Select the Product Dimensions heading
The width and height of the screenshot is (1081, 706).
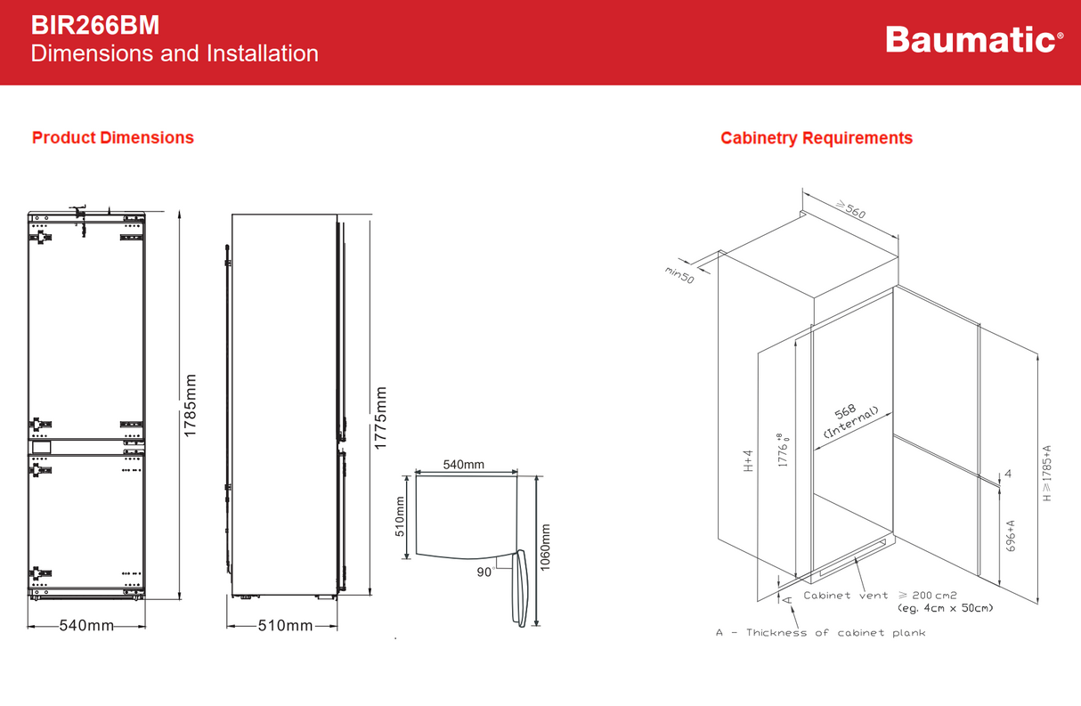click(113, 138)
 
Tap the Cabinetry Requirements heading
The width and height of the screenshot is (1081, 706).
click(817, 138)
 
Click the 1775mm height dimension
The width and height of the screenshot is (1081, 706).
click(381, 418)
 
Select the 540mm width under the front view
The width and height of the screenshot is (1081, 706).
click(86, 626)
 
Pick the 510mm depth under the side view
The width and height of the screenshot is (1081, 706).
click(285, 626)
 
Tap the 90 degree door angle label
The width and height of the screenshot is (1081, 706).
click(484, 572)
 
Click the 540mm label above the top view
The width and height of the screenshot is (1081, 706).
click(464, 465)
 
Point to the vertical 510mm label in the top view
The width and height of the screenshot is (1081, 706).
click(400, 517)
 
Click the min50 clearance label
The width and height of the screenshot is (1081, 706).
click(679, 275)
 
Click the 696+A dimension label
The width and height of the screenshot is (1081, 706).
click(1011, 537)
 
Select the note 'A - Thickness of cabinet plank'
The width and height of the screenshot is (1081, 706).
click(820, 633)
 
